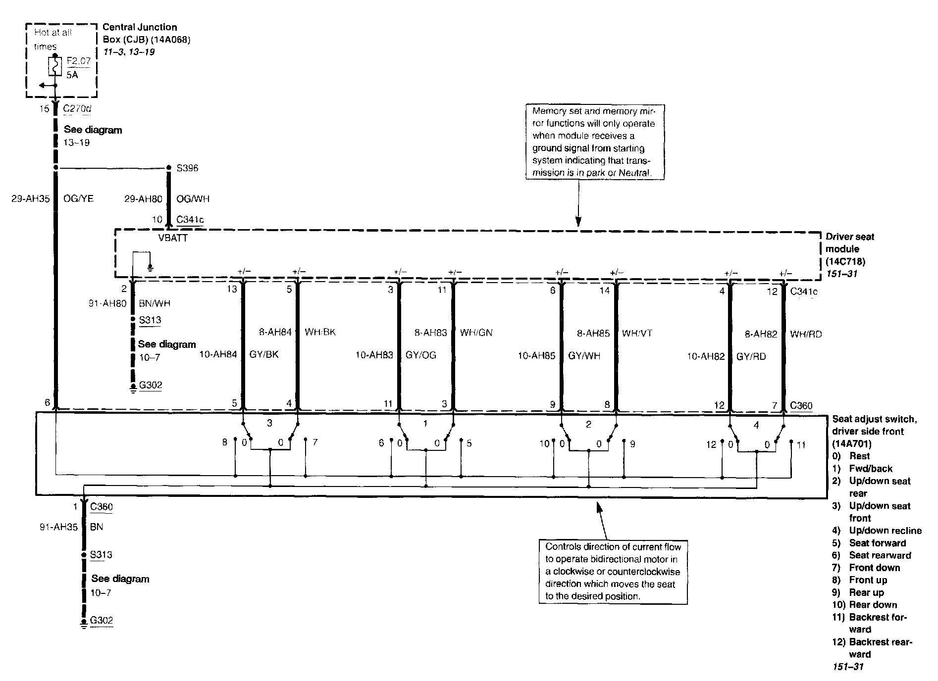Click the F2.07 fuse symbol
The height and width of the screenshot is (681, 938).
pos(55,66)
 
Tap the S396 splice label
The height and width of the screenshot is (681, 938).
pos(187,168)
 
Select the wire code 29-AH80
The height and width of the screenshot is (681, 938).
pos(143,199)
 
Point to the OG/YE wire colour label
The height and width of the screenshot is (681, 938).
pos(78,199)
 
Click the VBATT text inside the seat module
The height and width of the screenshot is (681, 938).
pos(173,238)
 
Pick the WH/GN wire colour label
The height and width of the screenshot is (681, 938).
pos(476,333)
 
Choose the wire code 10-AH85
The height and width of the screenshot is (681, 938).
pos(536,356)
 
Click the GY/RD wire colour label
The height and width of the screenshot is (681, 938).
pos(751,356)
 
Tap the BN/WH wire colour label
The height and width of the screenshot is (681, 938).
pos(155,303)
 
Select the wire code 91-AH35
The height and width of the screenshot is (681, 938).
pos(58,527)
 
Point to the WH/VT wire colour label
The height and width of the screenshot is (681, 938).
pos(637,334)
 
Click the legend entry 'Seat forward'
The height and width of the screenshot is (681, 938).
pos(877,543)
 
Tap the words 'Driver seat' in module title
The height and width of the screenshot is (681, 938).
pos(849,237)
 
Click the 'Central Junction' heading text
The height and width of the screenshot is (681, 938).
pos(139,27)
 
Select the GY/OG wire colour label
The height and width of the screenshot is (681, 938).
pos(420,355)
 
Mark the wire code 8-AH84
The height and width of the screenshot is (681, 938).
pos(275,332)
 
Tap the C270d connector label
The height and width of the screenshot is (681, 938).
pos(77,109)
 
